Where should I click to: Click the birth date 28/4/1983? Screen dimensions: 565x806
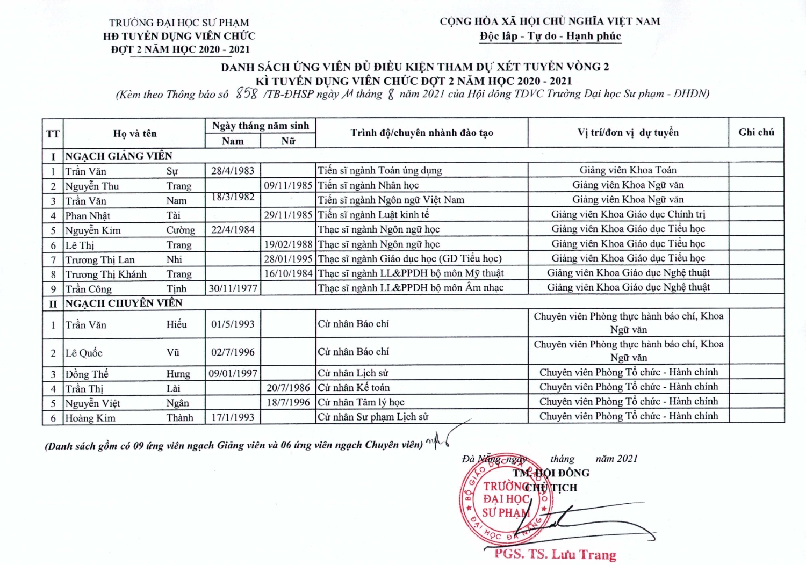tap(233, 171)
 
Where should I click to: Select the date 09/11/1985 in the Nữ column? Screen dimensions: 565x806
tap(288, 185)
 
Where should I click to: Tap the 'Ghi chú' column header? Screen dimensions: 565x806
tap(756, 132)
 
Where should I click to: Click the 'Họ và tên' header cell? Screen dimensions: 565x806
tap(134, 133)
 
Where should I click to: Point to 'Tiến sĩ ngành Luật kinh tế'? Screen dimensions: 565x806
tap(373, 214)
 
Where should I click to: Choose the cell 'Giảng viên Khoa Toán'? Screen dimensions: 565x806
tap(628, 170)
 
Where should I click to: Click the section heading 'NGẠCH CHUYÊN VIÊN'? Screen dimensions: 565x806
tap(124, 303)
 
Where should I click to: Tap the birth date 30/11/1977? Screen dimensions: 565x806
tap(233, 288)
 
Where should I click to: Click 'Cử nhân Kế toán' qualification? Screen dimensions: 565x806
tap(354, 387)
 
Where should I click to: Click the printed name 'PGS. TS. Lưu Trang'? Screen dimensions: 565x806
tap(555, 554)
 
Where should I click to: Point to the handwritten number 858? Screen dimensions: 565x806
tap(247, 94)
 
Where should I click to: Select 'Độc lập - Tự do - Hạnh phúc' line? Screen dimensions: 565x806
tap(550, 36)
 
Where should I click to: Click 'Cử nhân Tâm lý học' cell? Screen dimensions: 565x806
tap(361, 402)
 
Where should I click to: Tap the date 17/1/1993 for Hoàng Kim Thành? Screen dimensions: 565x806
tap(233, 417)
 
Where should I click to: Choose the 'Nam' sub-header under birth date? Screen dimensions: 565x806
tap(233, 141)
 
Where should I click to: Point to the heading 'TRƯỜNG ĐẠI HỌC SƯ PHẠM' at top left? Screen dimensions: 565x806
tap(179, 23)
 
